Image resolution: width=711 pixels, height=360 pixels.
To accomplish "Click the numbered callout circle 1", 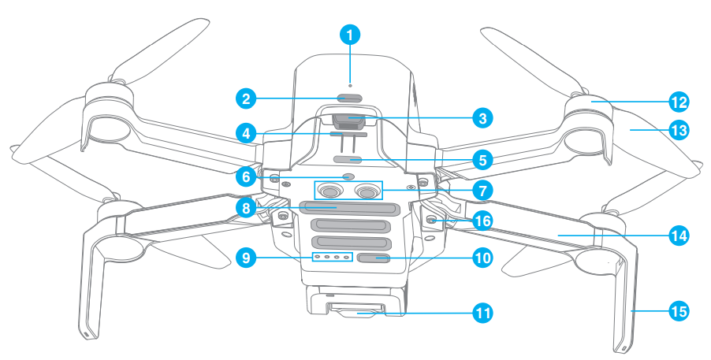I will click(x=351, y=35).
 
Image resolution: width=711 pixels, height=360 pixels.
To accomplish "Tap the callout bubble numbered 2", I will click(x=247, y=98).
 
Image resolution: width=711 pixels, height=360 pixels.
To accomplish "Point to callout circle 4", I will click(x=247, y=133).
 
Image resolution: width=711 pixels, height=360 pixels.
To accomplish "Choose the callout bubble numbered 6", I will click(x=247, y=177).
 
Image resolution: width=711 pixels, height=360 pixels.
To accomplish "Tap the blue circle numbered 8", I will click(x=247, y=209).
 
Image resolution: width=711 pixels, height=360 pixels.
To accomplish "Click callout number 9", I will click(x=247, y=257).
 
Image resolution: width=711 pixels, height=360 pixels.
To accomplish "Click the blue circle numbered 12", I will click(x=679, y=102).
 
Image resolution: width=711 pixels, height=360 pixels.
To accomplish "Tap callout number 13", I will click(x=679, y=130).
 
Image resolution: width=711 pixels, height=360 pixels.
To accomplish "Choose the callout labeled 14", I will click(x=679, y=235).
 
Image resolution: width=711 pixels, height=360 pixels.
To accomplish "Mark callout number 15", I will click(x=679, y=312).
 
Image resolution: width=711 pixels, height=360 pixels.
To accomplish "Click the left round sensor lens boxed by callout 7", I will click(x=331, y=191).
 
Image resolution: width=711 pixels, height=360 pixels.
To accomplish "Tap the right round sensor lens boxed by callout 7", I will click(x=367, y=191).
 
